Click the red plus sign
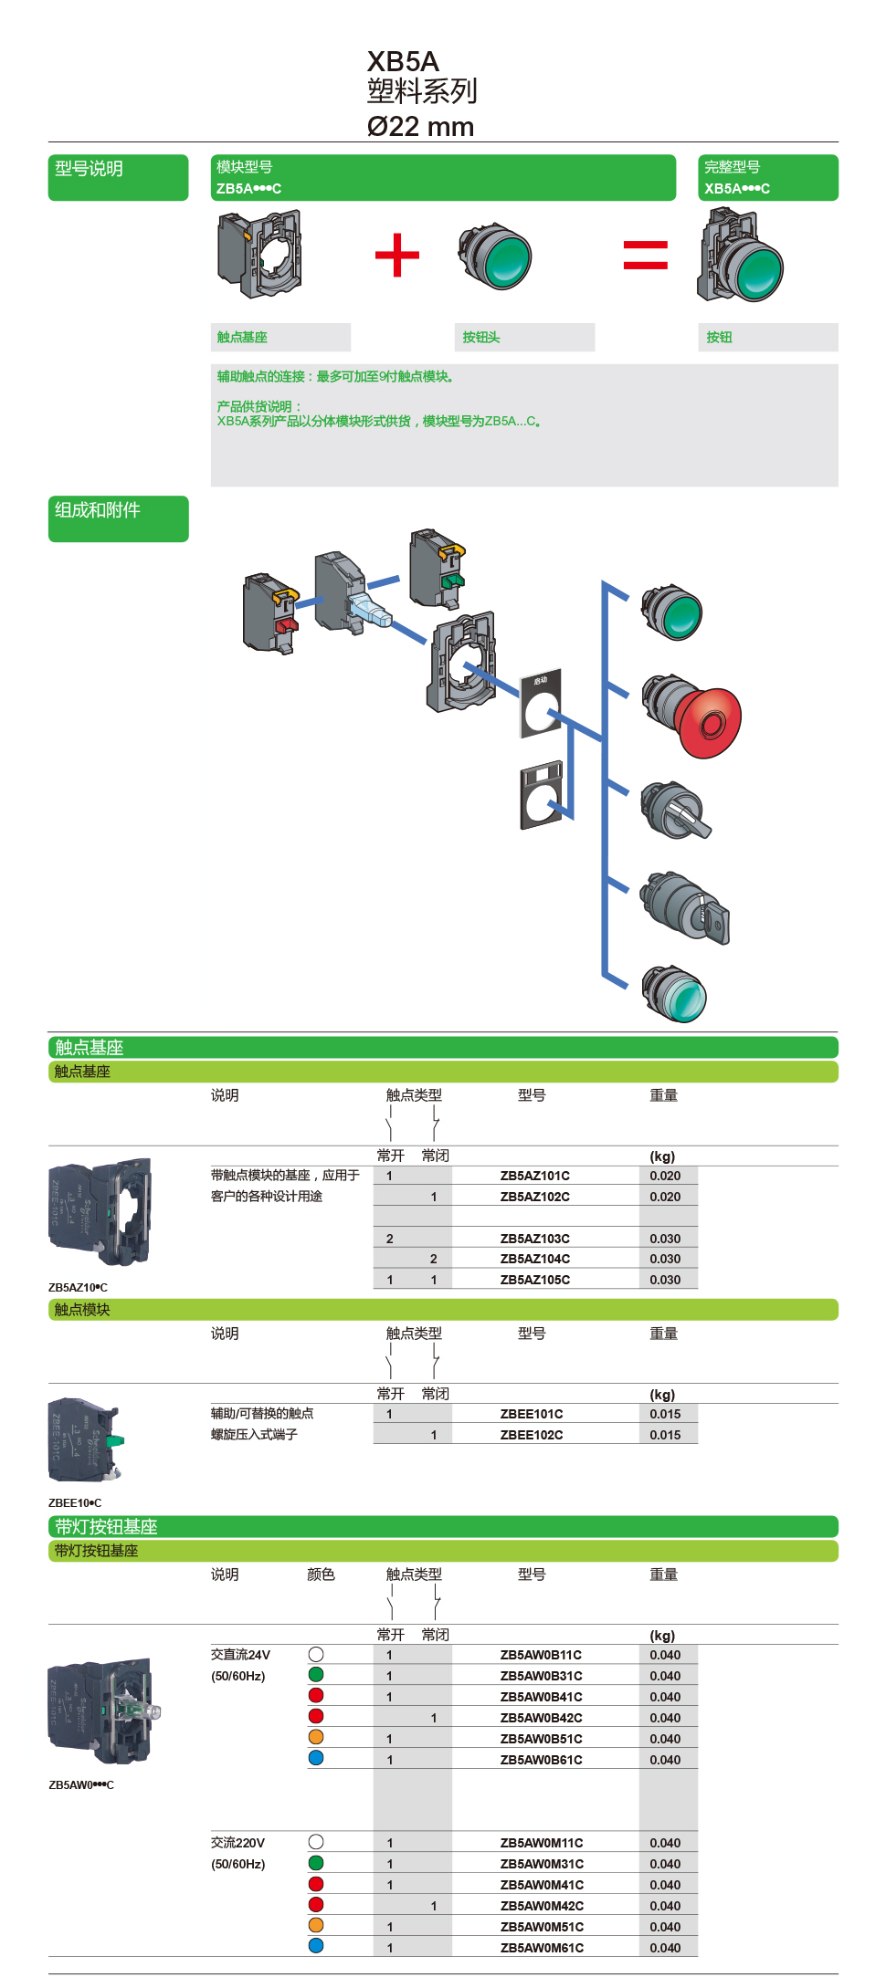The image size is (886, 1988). tap(397, 255)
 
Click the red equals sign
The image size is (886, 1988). tap(645, 255)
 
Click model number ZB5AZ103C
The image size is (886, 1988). tap(534, 1239)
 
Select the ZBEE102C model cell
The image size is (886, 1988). tap(532, 1435)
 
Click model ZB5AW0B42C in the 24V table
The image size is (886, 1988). tap(541, 1718)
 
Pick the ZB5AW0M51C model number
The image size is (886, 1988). tap(542, 1927)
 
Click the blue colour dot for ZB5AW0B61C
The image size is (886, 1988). tap(316, 1758)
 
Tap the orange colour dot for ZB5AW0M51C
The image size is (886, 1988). tap(316, 1925)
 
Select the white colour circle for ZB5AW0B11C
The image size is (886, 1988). tap(316, 1654)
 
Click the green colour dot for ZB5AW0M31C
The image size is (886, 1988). tap(316, 1863)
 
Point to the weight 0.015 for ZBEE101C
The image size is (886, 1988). tap(665, 1414)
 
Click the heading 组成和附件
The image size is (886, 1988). tap(98, 510)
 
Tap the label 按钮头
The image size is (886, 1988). tap(481, 338)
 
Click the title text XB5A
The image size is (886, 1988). tap(403, 61)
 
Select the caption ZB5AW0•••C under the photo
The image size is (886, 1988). tap(81, 1784)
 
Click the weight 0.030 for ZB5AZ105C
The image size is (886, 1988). tap(665, 1280)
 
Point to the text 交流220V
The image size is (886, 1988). tap(237, 1843)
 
